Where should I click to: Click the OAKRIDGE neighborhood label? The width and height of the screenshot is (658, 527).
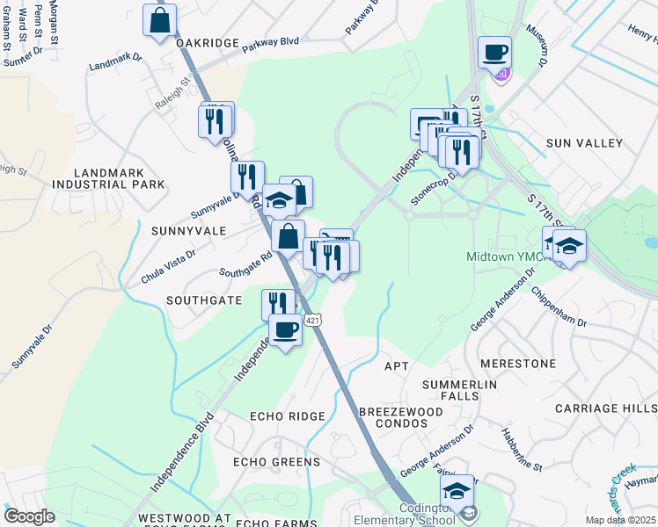pyautogui.click(x=207, y=43)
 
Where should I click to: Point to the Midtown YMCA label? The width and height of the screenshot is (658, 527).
pyautogui.click(x=501, y=257)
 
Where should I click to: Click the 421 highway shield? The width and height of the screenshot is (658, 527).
pyautogui.click(x=312, y=321)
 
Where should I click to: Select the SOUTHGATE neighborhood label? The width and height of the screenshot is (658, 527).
pyautogui.click(x=204, y=300)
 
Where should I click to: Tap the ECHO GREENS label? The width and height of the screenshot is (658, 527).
pyautogui.click(x=276, y=462)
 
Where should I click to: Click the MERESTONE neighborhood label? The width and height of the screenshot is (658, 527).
pyautogui.click(x=518, y=363)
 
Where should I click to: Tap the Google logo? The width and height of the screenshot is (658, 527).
pyautogui.click(x=29, y=516)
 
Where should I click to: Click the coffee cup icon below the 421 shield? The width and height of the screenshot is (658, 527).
pyautogui.click(x=285, y=330)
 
